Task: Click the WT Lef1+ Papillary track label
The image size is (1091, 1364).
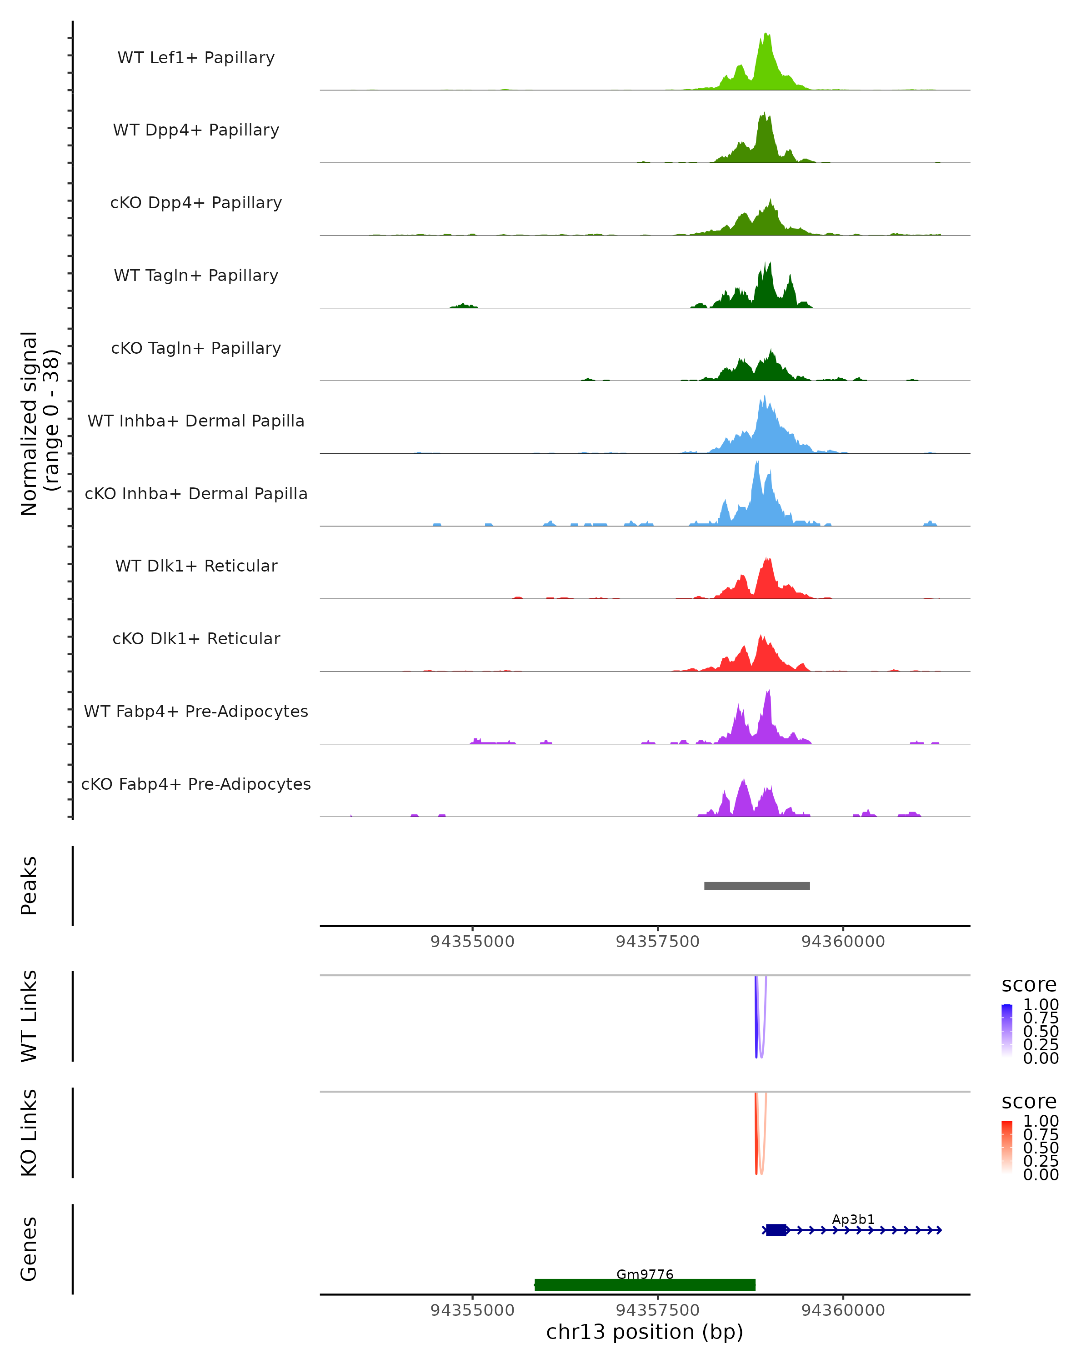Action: [x=196, y=58]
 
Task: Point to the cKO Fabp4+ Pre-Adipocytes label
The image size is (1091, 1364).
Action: [x=196, y=784]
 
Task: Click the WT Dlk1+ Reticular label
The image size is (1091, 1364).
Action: [x=196, y=566]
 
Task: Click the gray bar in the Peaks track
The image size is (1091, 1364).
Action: [x=756, y=886]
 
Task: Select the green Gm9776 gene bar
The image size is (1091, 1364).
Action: [x=645, y=1285]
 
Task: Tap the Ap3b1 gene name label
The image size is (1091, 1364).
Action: [x=853, y=1219]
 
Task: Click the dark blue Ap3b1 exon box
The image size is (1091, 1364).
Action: [x=776, y=1230]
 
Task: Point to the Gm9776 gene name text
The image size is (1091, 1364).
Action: [x=645, y=1274]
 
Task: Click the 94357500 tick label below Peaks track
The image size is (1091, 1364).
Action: [x=658, y=942]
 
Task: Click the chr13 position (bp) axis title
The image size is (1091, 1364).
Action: [x=645, y=1332]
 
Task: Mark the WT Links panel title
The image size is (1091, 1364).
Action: [x=29, y=1016]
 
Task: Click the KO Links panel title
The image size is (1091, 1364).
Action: [x=29, y=1133]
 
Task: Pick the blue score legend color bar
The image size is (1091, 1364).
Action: [x=1007, y=1031]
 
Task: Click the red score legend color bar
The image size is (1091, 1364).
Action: [x=1007, y=1147]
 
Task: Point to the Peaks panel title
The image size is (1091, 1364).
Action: [x=29, y=886]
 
